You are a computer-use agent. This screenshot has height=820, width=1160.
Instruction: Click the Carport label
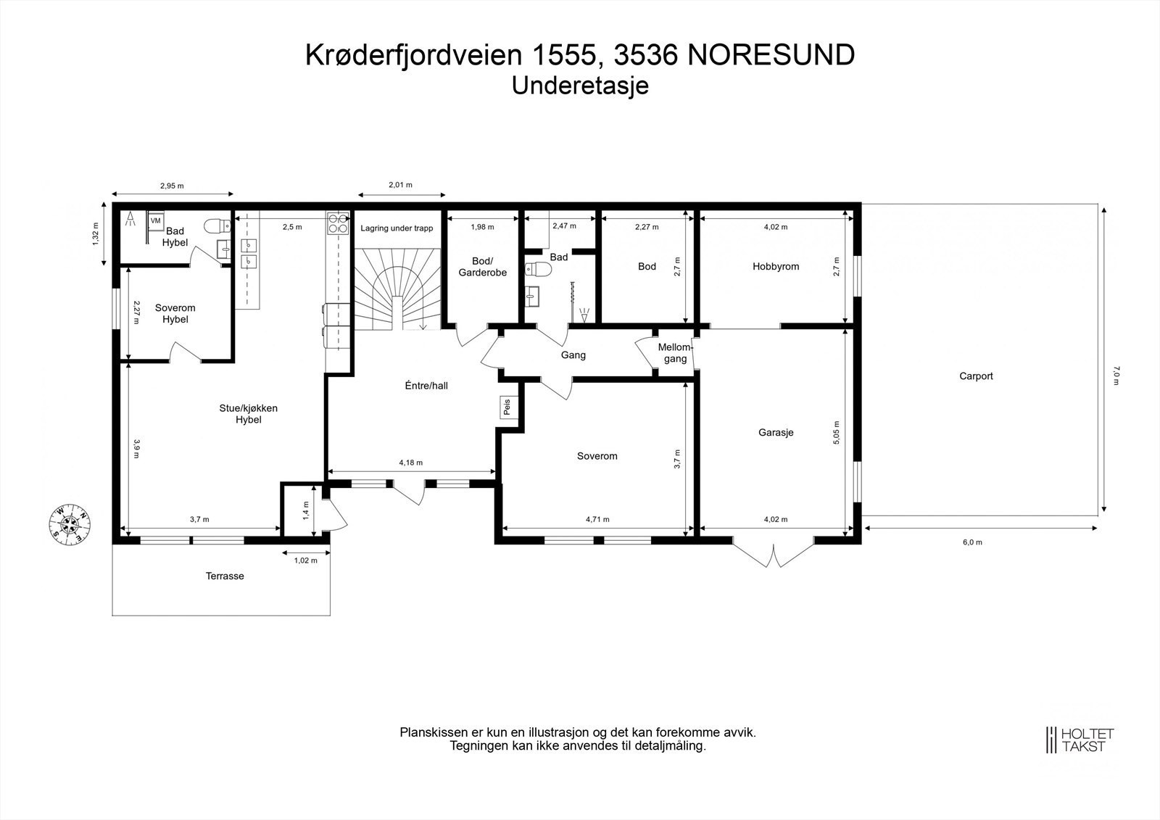[976, 376]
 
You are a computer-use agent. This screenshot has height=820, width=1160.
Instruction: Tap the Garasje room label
[776, 432]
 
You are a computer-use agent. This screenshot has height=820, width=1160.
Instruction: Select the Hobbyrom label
[776, 266]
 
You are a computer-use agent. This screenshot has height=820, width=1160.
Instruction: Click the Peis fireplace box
[506, 407]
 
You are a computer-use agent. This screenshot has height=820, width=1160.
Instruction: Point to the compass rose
[70, 522]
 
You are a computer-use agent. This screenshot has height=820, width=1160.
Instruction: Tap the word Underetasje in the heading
[579, 86]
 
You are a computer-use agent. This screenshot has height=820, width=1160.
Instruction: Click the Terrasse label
[225, 576]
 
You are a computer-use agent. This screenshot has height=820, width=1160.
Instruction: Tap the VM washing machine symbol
[156, 220]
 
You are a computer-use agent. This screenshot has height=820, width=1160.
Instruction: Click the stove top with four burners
[338, 223]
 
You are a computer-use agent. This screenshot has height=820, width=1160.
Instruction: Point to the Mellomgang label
[676, 353]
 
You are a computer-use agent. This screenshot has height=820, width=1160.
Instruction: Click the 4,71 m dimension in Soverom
[597, 519]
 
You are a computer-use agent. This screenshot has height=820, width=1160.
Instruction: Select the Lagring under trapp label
[397, 228]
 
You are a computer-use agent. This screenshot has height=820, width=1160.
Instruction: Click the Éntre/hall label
[426, 386]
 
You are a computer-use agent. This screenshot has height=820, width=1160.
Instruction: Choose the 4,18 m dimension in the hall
[410, 463]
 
